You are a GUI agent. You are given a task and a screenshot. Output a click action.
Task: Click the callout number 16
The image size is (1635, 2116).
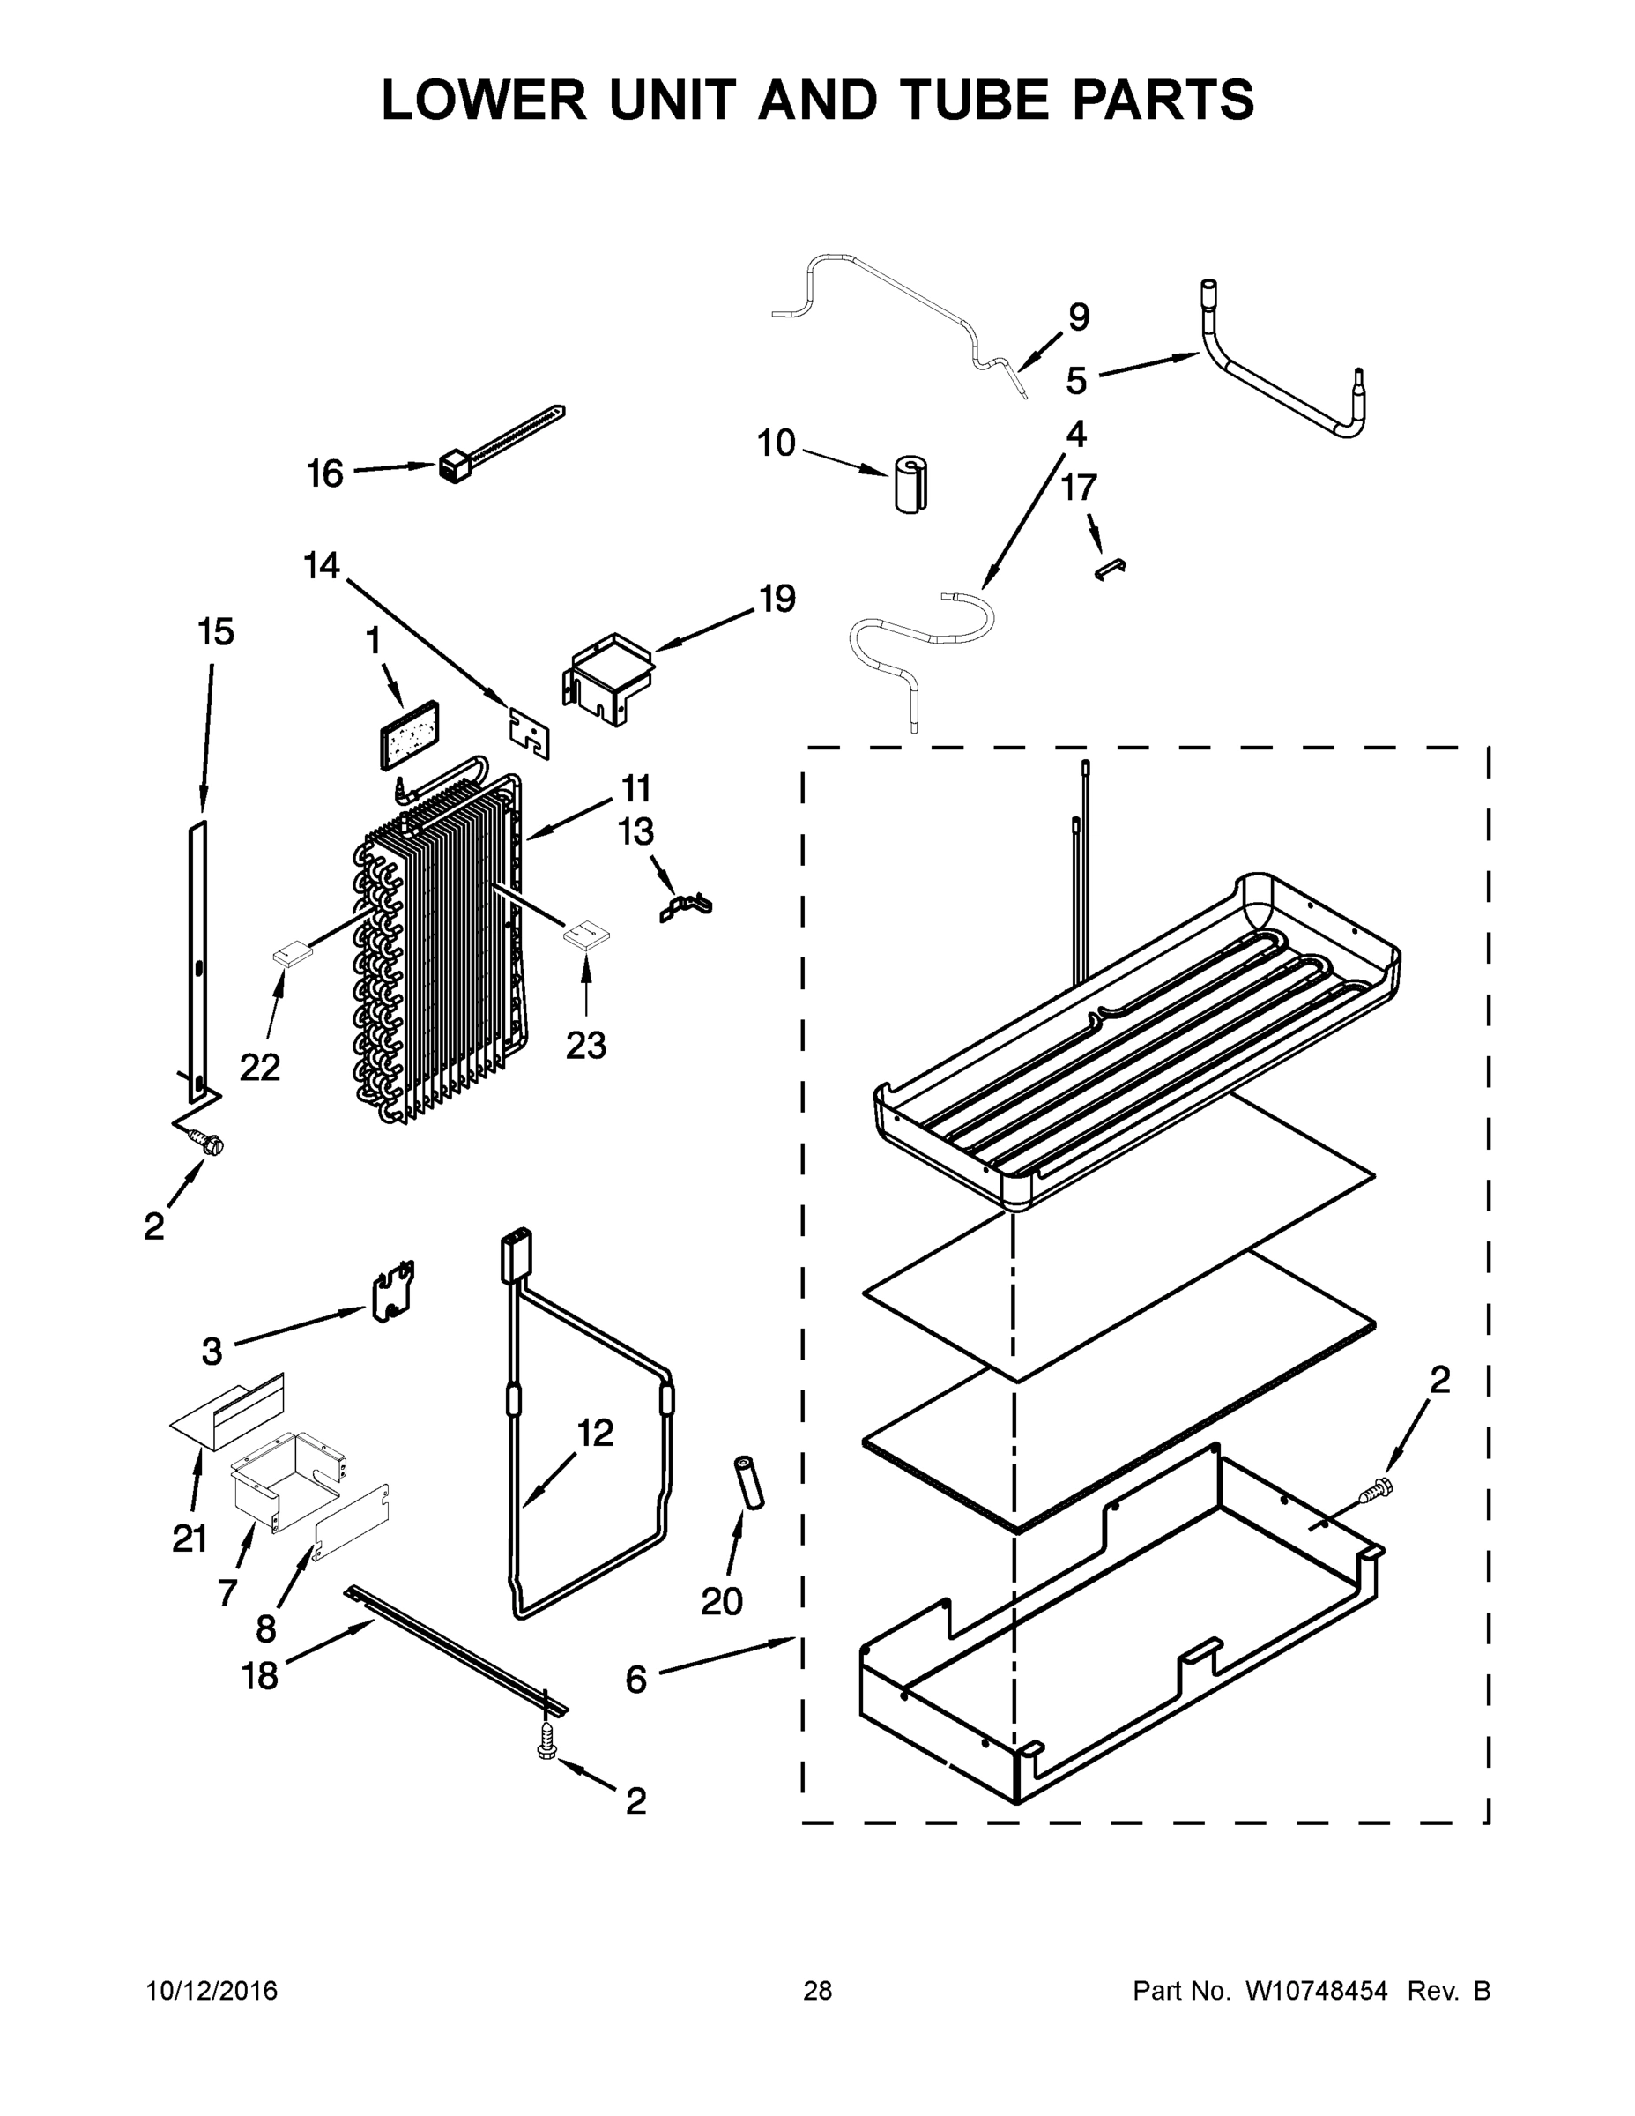[324, 473]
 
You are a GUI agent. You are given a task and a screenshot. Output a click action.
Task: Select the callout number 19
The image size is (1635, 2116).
[776, 599]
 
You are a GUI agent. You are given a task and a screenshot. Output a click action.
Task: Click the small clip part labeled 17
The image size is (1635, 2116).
[1109, 569]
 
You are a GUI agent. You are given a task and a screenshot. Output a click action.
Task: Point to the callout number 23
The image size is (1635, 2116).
[585, 1046]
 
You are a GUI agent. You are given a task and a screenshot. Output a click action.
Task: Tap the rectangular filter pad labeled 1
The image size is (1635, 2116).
[405, 734]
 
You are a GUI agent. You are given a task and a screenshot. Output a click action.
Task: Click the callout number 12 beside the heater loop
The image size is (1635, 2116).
[595, 1433]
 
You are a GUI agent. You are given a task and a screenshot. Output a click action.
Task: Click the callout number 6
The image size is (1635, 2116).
[635, 1680]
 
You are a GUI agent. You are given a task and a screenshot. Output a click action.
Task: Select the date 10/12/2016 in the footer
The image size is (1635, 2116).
[212, 1992]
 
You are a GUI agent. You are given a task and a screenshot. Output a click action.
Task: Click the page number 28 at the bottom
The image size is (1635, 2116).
[818, 1992]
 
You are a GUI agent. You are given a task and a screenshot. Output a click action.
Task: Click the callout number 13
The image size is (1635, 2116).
[636, 832]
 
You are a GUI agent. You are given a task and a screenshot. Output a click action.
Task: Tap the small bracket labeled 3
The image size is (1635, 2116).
[394, 1293]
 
